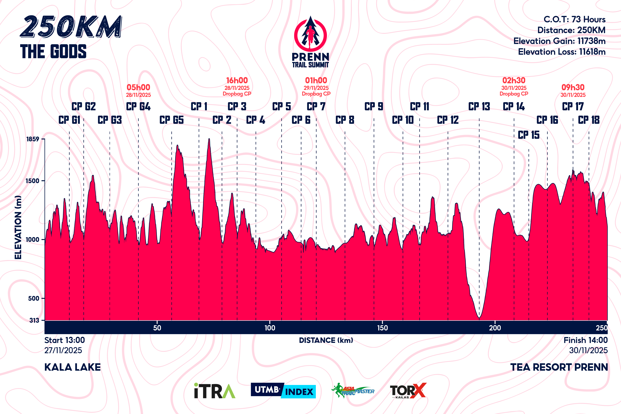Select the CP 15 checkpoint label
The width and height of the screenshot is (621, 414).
529,135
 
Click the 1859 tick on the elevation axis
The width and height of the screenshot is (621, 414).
33,139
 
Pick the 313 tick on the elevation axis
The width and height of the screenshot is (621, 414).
34,320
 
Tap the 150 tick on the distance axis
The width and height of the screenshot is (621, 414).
382,328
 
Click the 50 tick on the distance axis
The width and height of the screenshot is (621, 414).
157,328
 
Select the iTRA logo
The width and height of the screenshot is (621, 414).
214,391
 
